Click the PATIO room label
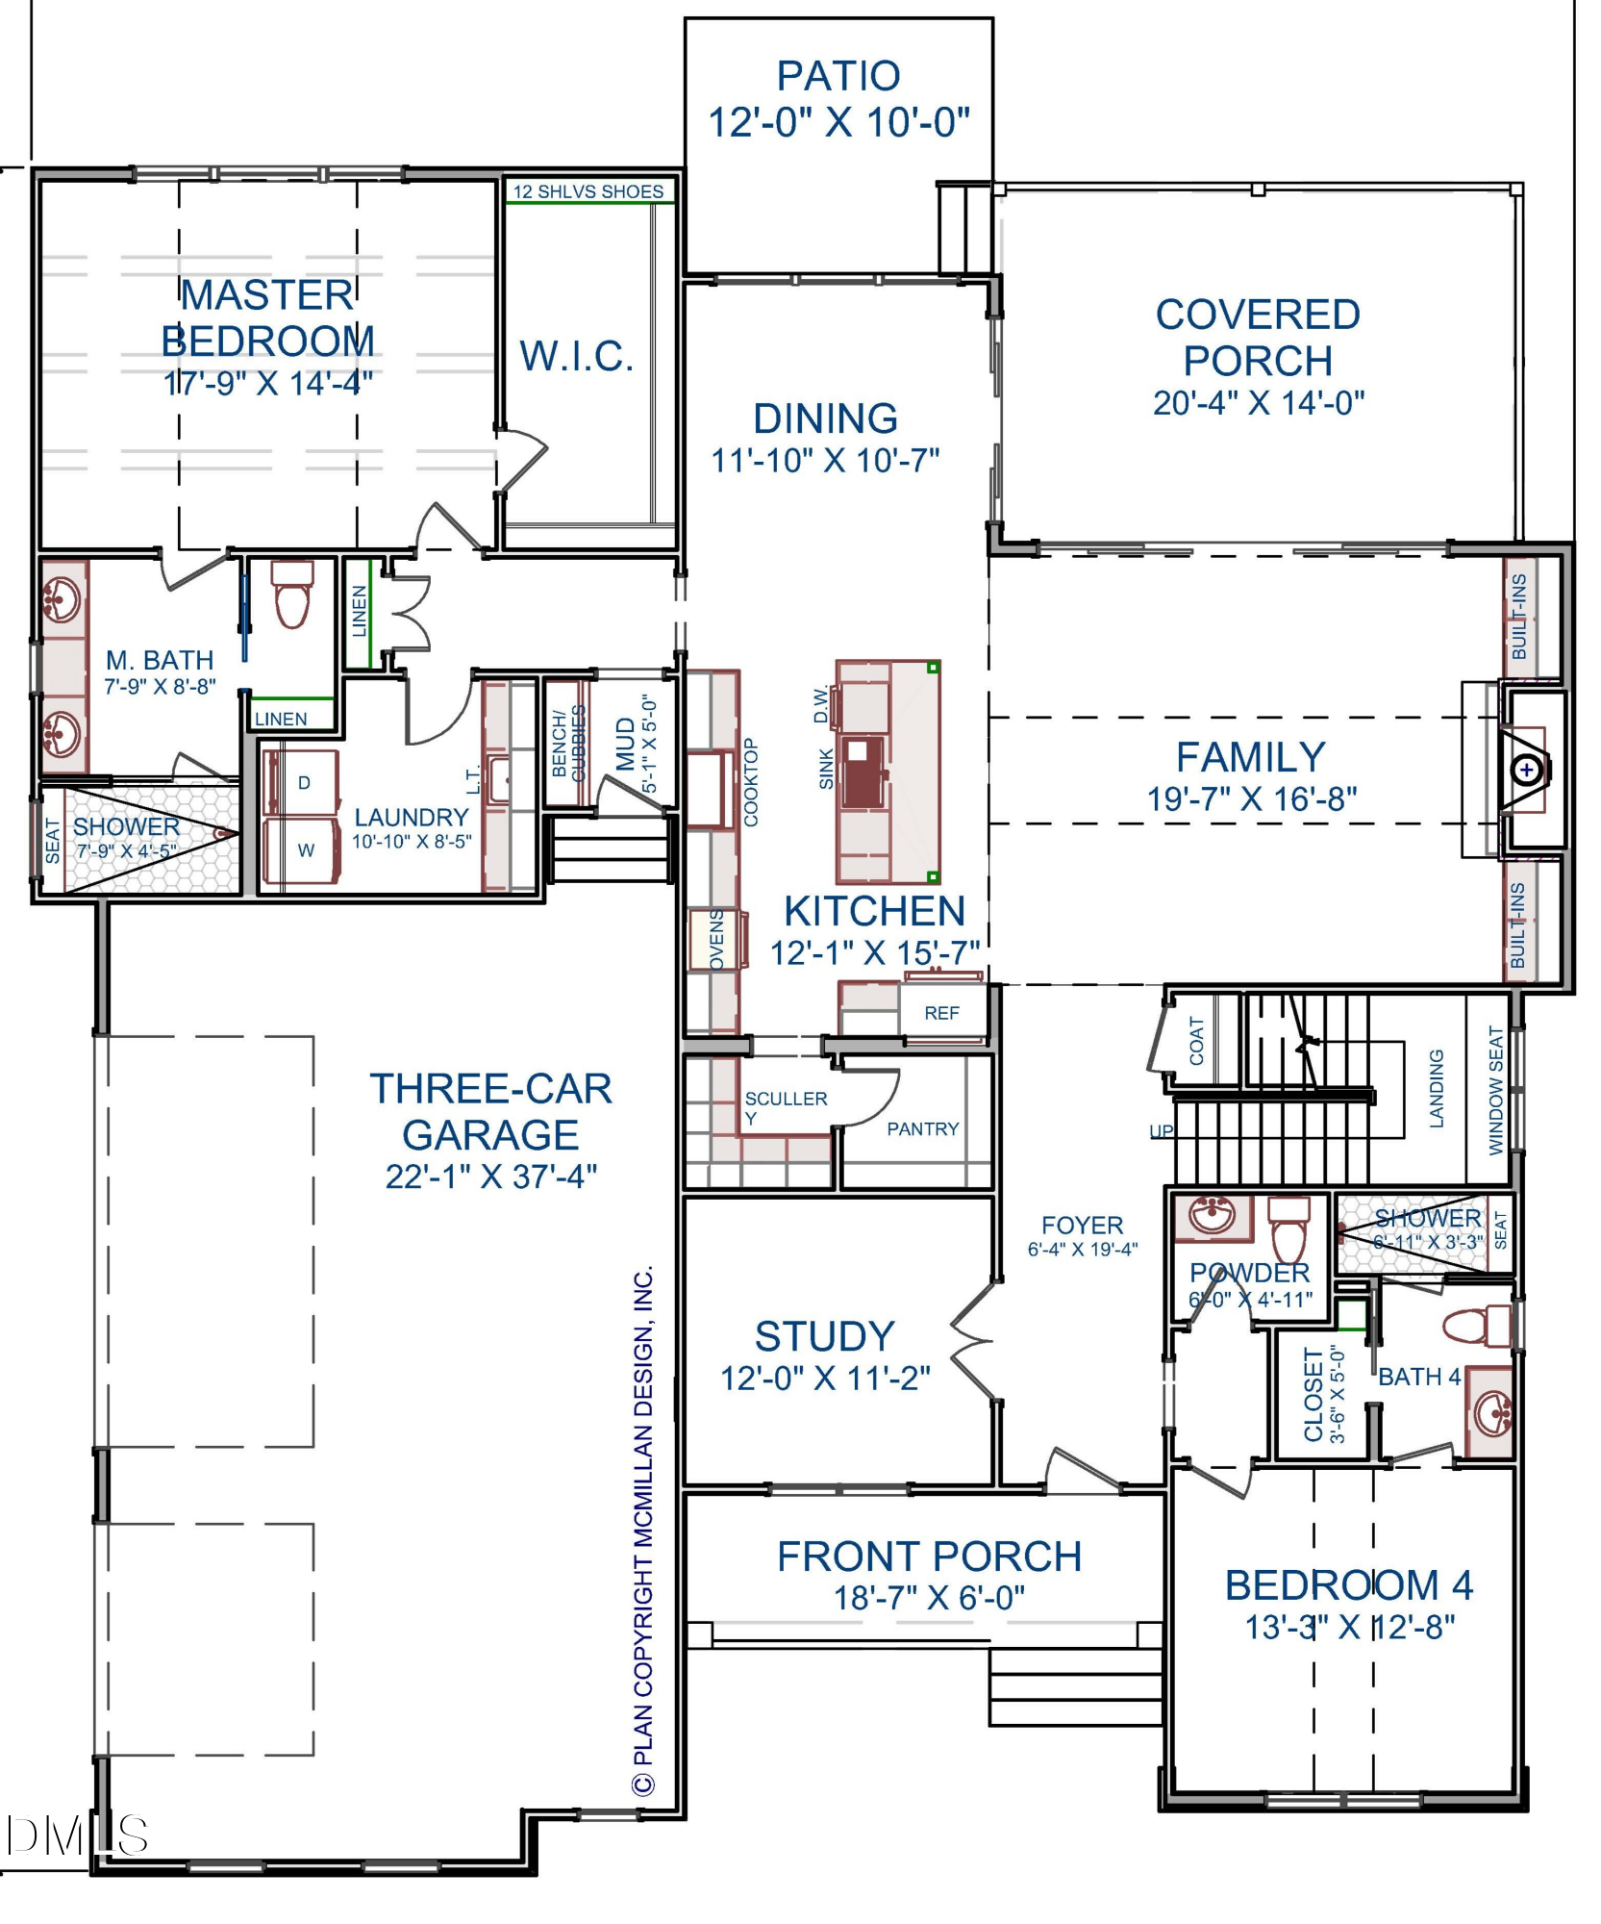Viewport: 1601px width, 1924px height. tap(838, 76)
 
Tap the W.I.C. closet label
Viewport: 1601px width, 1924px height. tap(577, 356)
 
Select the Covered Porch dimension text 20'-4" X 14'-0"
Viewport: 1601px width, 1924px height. tap(1259, 402)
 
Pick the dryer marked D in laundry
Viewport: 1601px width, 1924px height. tap(302, 783)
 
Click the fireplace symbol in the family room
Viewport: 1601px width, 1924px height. tap(1526, 770)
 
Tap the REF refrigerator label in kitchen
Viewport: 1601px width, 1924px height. tap(941, 1013)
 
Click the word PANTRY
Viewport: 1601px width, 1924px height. tap(922, 1128)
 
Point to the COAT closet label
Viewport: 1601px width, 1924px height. tap(1197, 1041)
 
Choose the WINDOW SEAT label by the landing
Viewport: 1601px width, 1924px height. tap(1495, 1090)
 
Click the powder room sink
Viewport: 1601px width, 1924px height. tap(1214, 1217)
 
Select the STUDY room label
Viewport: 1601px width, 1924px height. tap(825, 1336)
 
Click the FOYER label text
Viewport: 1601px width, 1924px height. tap(1082, 1226)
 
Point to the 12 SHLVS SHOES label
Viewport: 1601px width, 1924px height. tap(588, 191)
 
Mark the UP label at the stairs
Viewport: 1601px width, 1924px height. tap(1162, 1130)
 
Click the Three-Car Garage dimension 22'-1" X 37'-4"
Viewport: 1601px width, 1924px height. tap(491, 1177)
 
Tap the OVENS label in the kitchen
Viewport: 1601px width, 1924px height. tap(717, 939)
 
